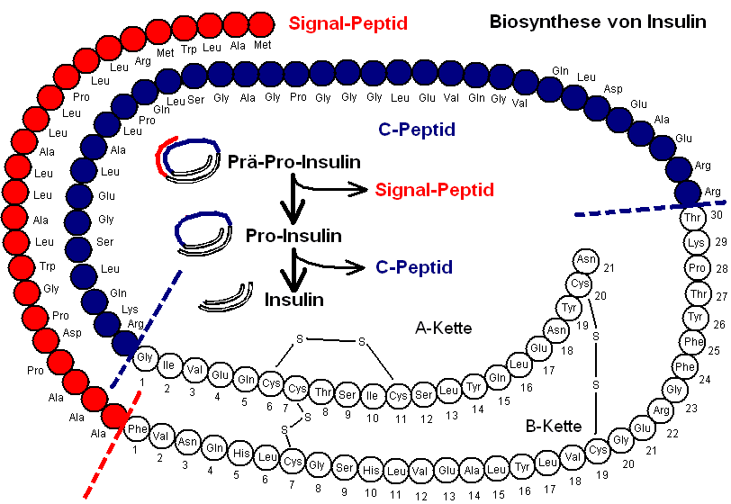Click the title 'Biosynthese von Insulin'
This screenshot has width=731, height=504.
click(598, 22)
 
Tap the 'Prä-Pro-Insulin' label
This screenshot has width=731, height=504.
click(294, 162)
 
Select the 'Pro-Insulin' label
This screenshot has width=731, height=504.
click(293, 236)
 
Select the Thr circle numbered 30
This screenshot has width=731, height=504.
click(693, 219)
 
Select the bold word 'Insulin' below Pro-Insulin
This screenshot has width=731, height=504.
click(293, 299)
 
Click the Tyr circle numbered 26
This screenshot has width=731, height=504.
click(694, 318)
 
